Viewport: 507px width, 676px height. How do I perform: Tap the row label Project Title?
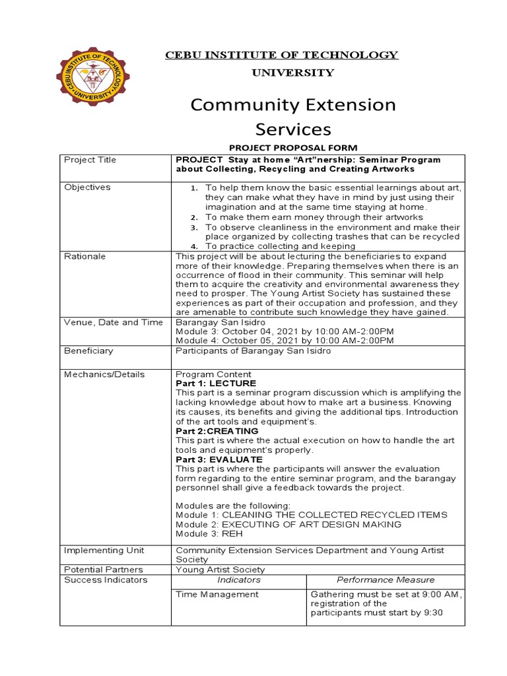(x=90, y=160)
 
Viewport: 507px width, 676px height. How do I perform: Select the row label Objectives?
(x=87, y=187)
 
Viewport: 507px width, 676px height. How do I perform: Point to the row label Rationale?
(x=84, y=256)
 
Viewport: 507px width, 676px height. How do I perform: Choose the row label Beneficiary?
(x=88, y=351)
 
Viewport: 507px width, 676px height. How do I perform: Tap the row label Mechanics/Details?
(x=104, y=374)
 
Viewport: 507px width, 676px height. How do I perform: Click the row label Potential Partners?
(x=103, y=569)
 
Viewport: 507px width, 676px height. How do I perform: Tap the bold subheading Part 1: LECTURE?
(x=216, y=384)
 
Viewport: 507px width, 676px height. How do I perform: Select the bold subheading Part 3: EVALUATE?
(x=219, y=459)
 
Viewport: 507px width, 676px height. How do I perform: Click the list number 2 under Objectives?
(x=193, y=217)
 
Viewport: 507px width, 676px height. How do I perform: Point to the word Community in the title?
(x=239, y=105)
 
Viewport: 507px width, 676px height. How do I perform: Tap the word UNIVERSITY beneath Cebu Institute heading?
(x=283, y=73)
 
